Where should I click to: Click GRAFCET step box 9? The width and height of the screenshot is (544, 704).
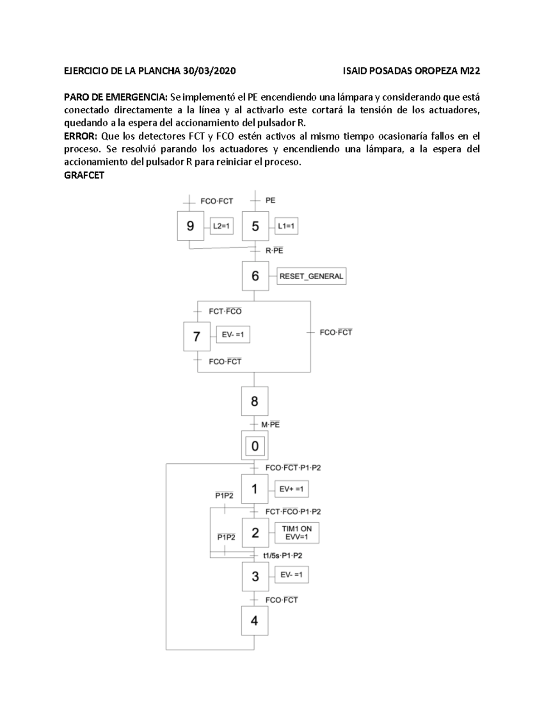[190, 226]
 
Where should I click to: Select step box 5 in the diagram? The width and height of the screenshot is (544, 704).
[255, 226]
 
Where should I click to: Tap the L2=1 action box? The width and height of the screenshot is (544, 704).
[222, 226]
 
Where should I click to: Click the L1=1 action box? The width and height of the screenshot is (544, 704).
[287, 226]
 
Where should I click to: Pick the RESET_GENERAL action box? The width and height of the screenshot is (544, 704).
[311, 276]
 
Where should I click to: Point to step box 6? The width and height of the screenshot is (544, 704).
[255, 276]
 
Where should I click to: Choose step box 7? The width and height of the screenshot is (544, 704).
[197, 336]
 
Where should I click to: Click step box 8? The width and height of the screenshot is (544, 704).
[254, 401]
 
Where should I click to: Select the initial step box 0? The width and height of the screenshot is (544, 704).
[255, 446]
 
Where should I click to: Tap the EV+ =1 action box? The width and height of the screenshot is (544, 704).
[291, 489]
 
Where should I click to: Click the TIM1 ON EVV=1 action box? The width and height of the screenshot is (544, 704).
[297, 533]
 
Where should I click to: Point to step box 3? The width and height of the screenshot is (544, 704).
[255, 577]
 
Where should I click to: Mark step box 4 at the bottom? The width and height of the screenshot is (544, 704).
[254, 621]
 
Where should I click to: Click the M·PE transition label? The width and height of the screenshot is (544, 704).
[271, 425]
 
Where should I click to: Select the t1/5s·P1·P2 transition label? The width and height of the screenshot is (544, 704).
[283, 555]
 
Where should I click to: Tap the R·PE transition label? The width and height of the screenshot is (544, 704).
[274, 250]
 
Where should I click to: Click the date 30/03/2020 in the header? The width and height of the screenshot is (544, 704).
[209, 71]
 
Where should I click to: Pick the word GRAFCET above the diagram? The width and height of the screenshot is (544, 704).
[84, 175]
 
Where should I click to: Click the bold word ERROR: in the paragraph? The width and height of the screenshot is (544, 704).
[81, 136]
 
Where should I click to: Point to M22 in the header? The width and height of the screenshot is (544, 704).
[470, 71]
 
